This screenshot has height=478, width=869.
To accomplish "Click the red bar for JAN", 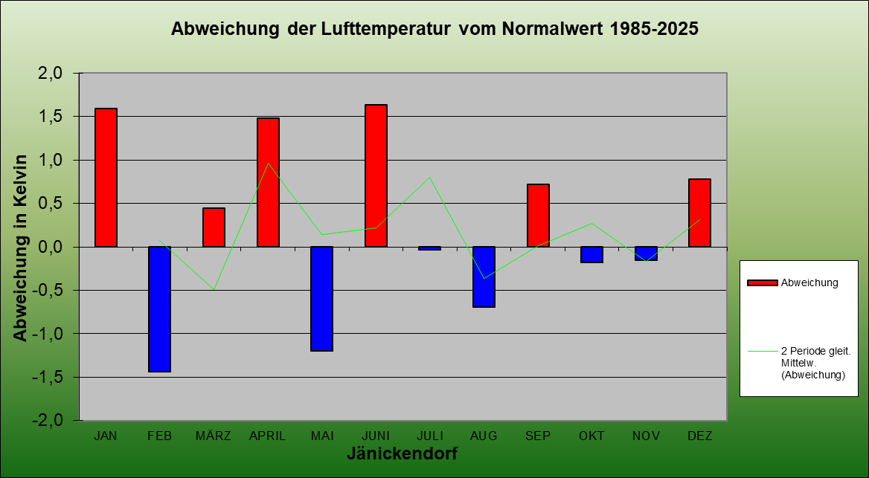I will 106,178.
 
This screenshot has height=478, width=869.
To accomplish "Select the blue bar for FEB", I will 160,309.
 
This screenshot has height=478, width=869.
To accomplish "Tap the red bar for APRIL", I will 268,182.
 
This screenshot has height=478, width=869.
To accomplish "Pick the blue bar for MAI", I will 322,299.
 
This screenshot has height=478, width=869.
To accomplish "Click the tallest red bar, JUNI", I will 376,175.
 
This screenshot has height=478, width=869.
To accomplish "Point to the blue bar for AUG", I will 484,277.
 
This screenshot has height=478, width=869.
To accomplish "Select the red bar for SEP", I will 538,216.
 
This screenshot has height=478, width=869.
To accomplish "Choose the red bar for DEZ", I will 699,213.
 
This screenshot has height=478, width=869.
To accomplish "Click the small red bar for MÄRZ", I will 214,227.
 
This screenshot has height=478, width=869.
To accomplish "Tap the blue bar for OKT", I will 591,255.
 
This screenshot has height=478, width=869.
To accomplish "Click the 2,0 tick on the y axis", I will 57,73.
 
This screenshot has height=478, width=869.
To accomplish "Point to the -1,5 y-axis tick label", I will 54,377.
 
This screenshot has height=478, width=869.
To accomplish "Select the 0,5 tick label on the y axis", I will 57,203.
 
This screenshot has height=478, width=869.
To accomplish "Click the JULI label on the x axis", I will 429,436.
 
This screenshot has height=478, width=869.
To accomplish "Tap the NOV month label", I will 646,436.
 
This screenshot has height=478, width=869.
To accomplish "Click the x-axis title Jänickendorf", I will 402,453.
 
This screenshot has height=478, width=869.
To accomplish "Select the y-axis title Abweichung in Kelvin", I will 21,248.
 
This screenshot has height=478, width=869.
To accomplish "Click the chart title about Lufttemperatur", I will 434,29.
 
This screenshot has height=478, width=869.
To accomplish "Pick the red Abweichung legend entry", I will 792,282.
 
